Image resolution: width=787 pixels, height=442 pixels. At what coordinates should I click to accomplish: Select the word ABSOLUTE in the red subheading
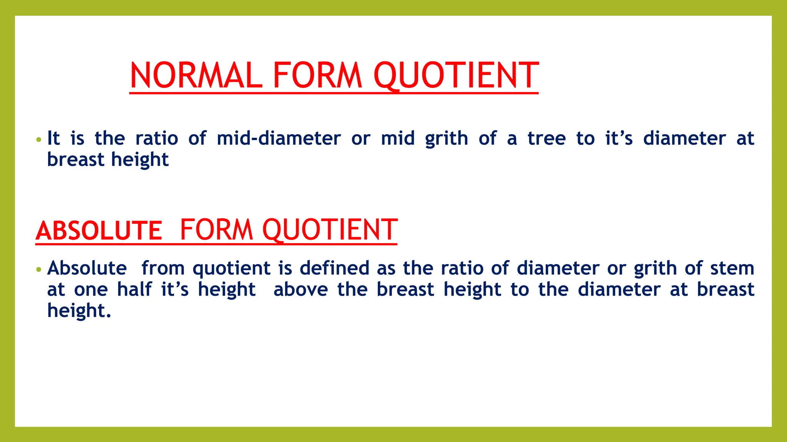click(99, 231)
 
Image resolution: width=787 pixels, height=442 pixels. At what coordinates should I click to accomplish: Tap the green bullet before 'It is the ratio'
click(38, 140)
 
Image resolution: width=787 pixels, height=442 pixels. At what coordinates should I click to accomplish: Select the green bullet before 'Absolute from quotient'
click(38, 269)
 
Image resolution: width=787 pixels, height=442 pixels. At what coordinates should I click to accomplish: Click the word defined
click(334, 268)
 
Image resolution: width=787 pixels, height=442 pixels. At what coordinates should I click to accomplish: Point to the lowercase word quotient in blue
click(232, 269)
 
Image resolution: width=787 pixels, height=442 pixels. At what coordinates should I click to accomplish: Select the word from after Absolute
click(163, 268)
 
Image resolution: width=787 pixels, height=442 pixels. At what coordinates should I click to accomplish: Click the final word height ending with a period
click(79, 310)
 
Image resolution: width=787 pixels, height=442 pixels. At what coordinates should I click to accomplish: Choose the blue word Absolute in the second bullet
click(87, 268)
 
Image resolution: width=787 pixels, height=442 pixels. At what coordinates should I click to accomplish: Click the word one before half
click(91, 290)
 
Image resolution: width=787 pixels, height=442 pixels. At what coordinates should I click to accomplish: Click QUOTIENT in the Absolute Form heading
click(330, 230)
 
